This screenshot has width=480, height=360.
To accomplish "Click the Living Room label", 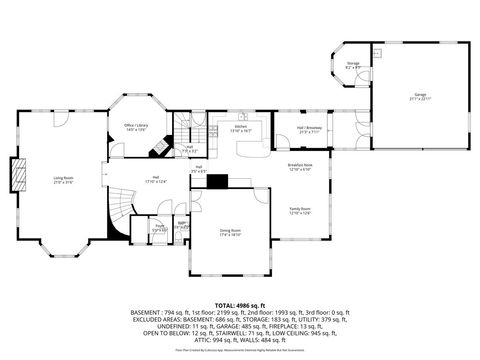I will (x=63, y=180).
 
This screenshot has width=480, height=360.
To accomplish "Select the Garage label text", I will (x=419, y=96).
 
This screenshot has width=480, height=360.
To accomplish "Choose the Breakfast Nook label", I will (x=300, y=168).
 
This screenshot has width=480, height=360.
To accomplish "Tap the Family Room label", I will (x=300, y=211).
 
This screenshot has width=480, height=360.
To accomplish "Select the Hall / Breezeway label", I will (x=307, y=129).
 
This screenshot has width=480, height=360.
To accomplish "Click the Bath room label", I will (x=181, y=226).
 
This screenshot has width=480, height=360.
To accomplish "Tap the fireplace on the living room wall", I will (x=14, y=176).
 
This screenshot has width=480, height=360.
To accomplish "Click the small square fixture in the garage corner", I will (x=377, y=50).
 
